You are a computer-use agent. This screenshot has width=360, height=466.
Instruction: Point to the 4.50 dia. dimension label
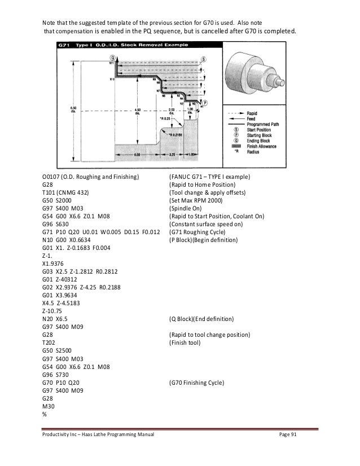tap(138, 109)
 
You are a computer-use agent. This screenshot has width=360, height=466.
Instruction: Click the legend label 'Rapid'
tap(253, 113)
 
